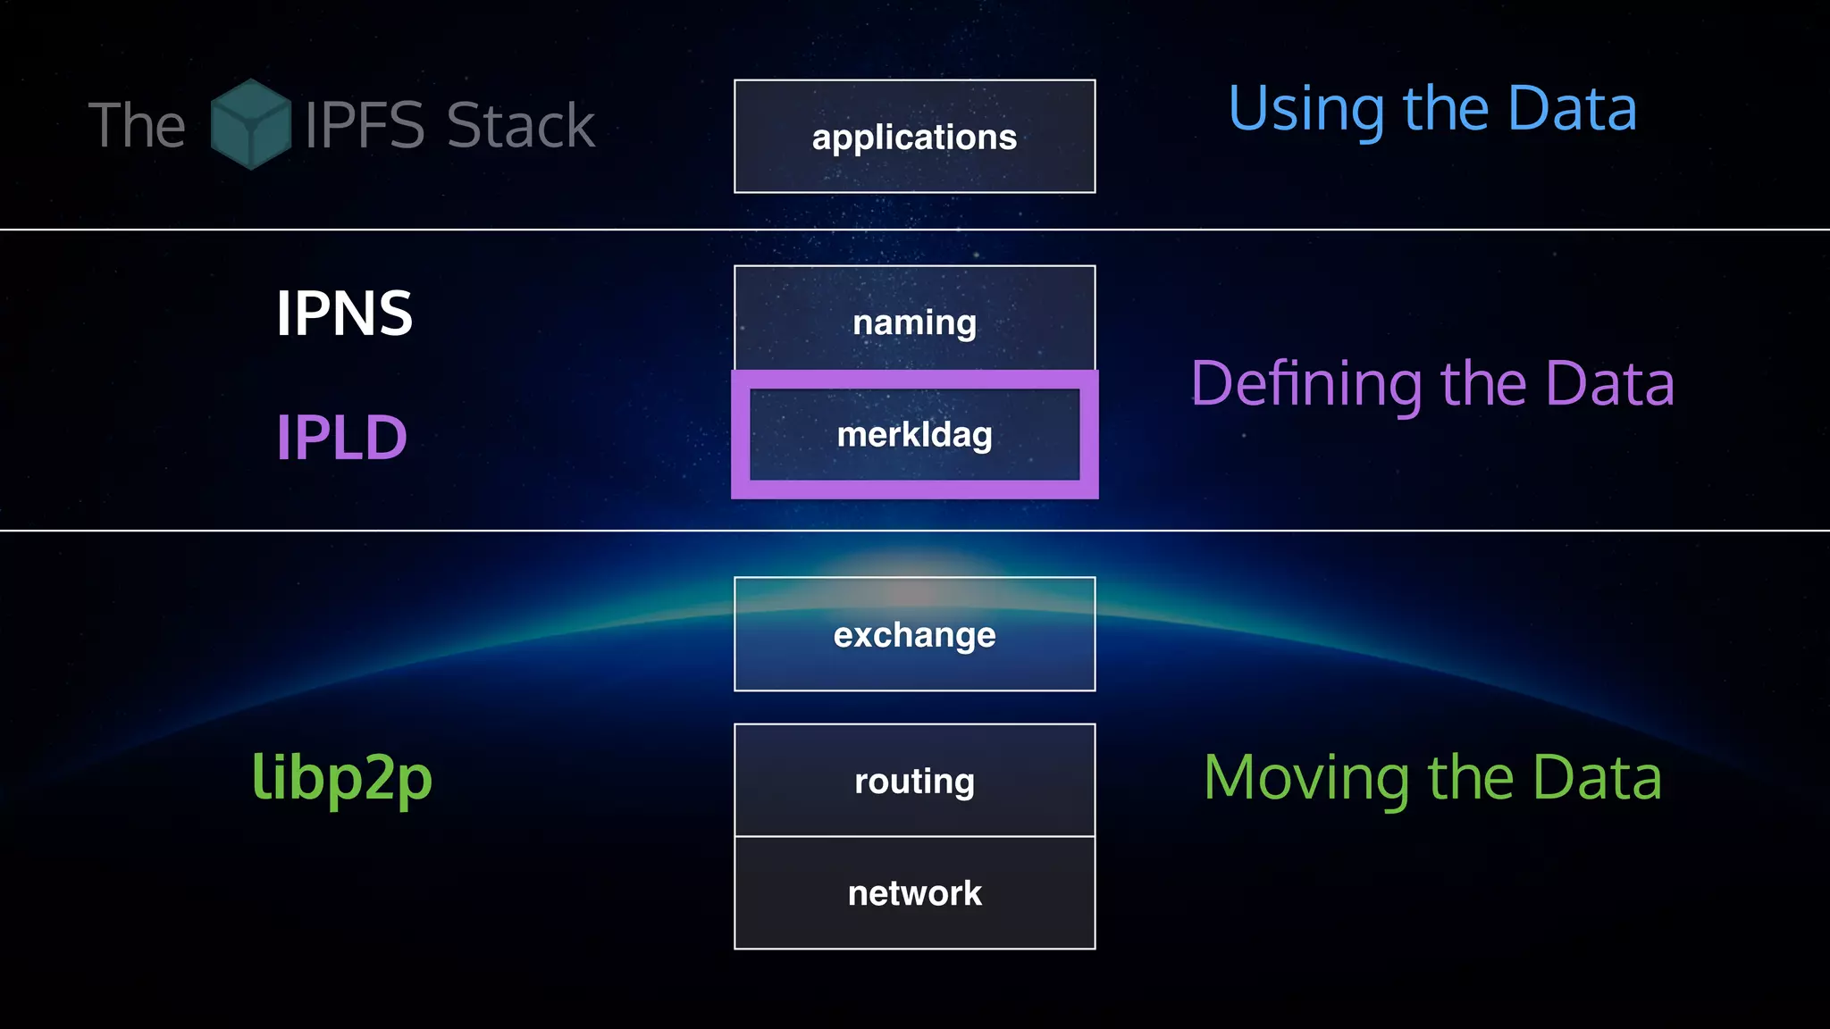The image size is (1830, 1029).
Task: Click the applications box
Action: click(914, 137)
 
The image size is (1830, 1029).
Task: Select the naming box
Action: click(914, 322)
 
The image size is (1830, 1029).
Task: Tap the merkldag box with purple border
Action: click(914, 435)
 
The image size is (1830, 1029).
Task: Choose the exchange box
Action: click(914, 634)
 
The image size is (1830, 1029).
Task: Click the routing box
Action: click(914, 781)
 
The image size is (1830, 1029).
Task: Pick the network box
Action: click(914, 893)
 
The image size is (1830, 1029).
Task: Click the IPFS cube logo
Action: click(250, 124)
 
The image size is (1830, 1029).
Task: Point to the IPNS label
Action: click(344, 314)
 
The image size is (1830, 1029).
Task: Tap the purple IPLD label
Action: click(341, 438)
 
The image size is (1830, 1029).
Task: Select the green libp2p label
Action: click(341, 777)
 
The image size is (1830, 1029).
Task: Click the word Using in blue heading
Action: click(1305, 109)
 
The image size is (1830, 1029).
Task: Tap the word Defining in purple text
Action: click(1305, 384)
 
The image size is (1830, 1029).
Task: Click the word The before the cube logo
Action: click(137, 125)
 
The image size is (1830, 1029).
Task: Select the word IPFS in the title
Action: click(365, 125)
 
